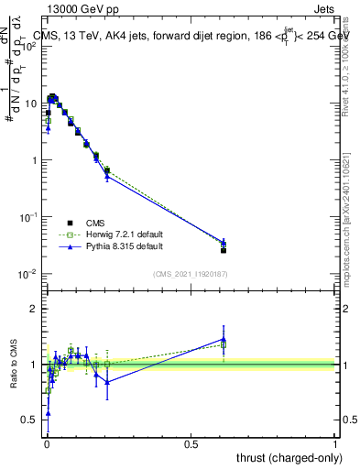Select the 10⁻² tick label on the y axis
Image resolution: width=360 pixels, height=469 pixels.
pyautogui.click(x=28, y=274)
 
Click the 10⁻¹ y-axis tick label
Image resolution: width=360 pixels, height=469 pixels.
pyautogui.click(x=28, y=217)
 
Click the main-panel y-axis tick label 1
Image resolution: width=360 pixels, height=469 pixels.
pyautogui.click(x=34, y=160)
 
